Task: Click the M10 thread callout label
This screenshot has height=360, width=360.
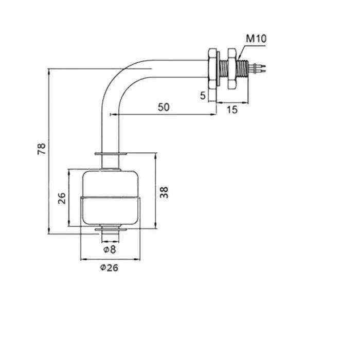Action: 256,39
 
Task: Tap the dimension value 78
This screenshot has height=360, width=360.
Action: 42,149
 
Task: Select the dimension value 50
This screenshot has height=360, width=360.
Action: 164,107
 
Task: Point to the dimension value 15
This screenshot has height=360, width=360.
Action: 232,110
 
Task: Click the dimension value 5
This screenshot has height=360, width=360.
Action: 203,96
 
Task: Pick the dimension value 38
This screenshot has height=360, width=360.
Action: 164,192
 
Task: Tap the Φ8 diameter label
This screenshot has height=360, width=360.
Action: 110,249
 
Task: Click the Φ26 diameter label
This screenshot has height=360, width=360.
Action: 109,267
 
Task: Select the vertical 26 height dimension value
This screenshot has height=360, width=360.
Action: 62,199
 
